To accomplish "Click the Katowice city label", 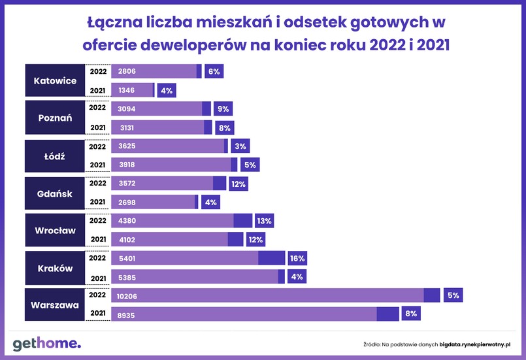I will (x=55, y=81).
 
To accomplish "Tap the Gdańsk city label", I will (x=55, y=193).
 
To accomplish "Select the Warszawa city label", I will (x=55, y=305).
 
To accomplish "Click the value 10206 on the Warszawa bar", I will (x=128, y=295).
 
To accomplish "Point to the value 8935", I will (x=127, y=314).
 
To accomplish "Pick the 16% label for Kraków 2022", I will (x=297, y=258).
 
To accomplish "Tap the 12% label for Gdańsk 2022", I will (x=238, y=184).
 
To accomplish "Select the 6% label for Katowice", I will (x=214, y=71).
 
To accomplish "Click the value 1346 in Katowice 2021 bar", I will (x=127, y=90).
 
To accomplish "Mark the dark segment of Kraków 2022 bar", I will (x=271, y=258).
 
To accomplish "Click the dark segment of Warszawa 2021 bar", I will (x=387, y=314).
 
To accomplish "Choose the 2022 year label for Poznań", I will (x=97, y=107).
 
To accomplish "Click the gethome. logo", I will (x=46, y=343).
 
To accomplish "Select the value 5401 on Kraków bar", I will (x=127, y=258).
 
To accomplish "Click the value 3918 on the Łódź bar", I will (x=127, y=165).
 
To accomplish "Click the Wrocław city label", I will (x=55, y=231).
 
